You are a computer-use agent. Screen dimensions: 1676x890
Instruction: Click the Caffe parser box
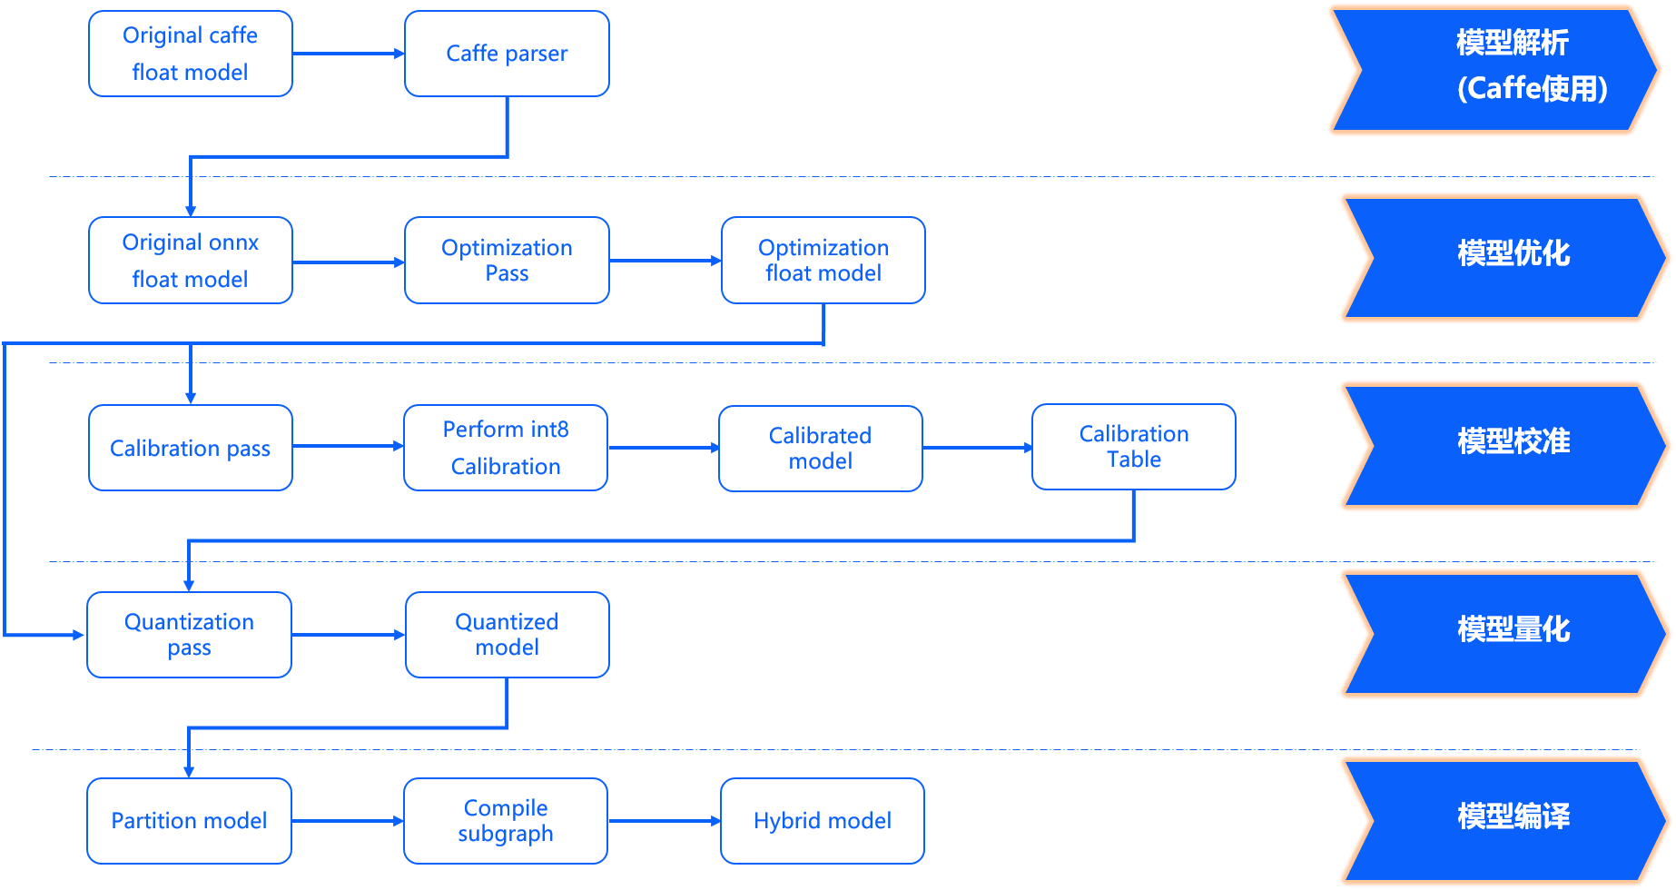[x=507, y=54]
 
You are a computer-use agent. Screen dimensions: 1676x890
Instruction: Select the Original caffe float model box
[x=191, y=54]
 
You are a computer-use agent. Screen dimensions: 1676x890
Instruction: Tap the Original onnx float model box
[x=191, y=261]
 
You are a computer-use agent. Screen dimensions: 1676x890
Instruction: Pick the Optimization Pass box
[x=507, y=261]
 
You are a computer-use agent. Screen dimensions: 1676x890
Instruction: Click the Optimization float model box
[x=823, y=261]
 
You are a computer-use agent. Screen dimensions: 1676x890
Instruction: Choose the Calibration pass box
[x=191, y=448]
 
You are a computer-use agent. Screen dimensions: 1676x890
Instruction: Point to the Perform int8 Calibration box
[x=506, y=448]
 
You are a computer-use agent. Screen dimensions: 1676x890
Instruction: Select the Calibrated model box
[x=821, y=449]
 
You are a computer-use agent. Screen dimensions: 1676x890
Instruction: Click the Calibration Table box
[x=1134, y=447]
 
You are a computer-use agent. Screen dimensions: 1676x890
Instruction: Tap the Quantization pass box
[x=189, y=635]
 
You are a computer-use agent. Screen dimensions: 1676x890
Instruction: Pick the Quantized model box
[x=508, y=635]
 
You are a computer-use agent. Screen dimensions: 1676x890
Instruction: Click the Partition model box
[x=189, y=821]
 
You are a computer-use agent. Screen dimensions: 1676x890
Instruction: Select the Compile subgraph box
[x=506, y=821]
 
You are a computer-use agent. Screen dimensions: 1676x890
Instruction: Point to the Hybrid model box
[x=823, y=821]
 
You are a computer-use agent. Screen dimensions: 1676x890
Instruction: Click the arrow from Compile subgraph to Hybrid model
[x=665, y=821]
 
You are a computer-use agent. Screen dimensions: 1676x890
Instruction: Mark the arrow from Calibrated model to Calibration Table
[x=978, y=448]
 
